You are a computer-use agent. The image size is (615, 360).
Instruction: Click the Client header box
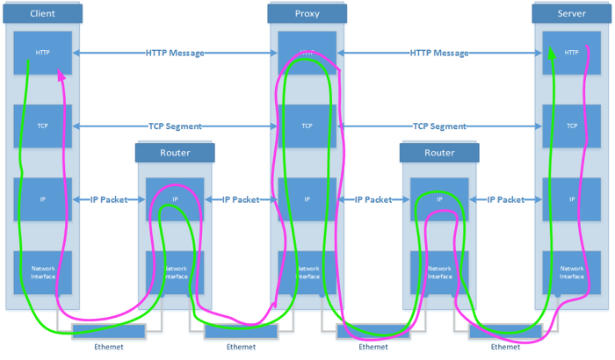tap(42, 14)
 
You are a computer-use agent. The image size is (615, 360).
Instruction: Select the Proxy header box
tap(307, 14)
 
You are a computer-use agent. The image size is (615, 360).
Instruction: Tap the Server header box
tap(571, 14)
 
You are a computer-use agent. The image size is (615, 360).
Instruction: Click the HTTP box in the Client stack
tap(42, 53)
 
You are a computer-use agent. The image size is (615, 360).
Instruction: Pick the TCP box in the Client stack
tap(42, 126)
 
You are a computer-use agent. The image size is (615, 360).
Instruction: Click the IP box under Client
tap(42, 199)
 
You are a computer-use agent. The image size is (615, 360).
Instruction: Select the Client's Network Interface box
tap(42, 273)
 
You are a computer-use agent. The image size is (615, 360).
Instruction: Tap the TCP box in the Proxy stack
tap(307, 126)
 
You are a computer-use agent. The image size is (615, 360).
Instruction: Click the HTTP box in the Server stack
tap(571, 53)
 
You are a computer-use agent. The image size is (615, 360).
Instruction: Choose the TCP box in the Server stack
tap(571, 126)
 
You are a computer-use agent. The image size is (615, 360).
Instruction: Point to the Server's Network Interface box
tap(571, 273)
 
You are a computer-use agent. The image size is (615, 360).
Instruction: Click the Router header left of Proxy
tap(175, 153)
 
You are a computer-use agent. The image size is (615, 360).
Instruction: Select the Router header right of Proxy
tap(439, 153)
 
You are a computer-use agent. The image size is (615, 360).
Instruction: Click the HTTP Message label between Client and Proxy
tap(175, 53)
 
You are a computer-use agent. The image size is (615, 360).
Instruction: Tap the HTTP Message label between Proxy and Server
tap(439, 53)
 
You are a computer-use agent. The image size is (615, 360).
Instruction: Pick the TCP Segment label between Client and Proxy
tap(175, 126)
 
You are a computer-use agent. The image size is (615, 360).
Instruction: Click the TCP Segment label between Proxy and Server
tap(439, 126)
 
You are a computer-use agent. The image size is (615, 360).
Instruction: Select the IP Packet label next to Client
tap(108, 199)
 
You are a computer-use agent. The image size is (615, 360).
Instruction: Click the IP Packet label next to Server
tap(505, 199)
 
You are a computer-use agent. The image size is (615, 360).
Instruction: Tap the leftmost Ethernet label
tap(109, 347)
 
